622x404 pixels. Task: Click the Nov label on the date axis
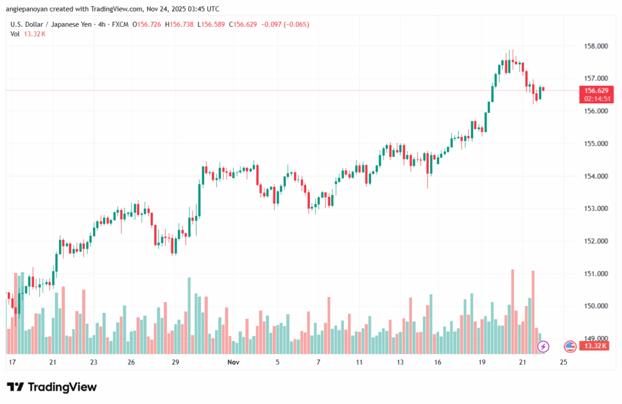tap(233, 362)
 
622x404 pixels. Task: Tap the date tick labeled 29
tap(176, 362)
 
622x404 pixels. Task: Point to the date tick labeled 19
tap(482, 362)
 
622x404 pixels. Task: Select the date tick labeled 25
tap(563, 362)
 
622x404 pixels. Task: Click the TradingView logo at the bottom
tap(52, 387)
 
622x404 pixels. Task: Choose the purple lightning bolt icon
tap(543, 346)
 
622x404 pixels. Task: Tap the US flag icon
tap(570, 346)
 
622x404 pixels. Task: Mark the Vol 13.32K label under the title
tap(28, 34)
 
